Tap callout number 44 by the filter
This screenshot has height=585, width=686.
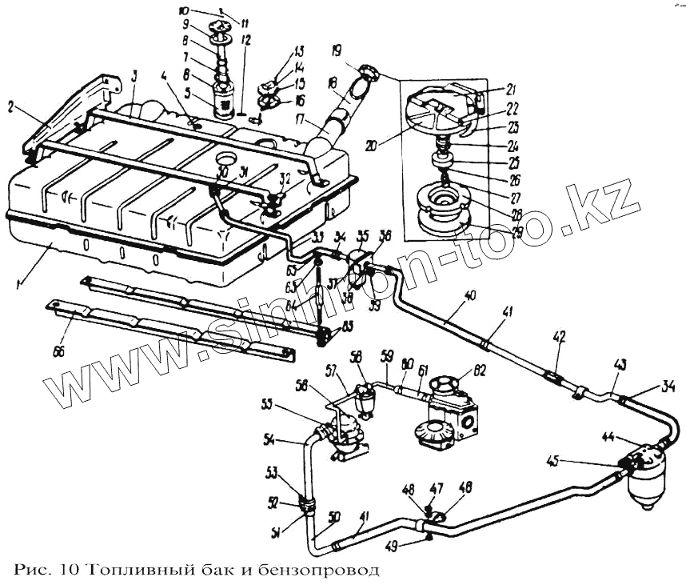[x=609, y=437]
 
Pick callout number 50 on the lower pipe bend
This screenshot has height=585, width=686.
[x=334, y=516]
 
